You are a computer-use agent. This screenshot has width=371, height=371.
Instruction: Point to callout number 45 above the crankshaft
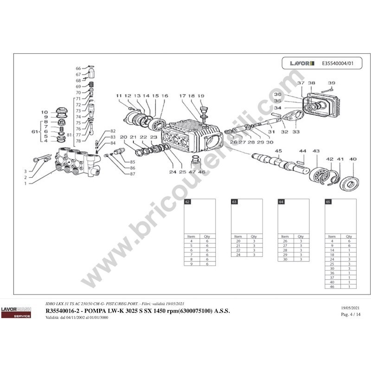click(279, 151)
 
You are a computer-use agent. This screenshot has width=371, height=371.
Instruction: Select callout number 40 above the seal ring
click(353, 160)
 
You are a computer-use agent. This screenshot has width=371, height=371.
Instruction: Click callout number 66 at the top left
click(78, 68)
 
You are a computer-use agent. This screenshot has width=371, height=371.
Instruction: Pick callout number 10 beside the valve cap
click(45, 112)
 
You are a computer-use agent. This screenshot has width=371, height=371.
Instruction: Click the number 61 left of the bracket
click(34, 132)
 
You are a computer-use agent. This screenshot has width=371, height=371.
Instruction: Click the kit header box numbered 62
click(188, 203)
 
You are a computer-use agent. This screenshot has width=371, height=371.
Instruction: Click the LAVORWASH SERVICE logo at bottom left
click(16, 312)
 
